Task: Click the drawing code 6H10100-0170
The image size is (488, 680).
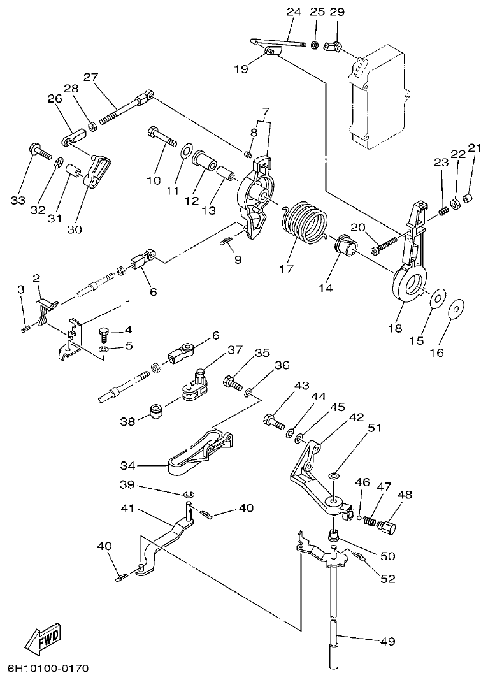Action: click(48, 669)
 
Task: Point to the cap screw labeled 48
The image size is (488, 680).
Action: click(387, 527)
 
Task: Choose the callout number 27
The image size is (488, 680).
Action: click(90, 77)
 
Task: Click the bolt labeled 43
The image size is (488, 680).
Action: click(274, 421)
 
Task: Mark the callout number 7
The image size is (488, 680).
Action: click(264, 112)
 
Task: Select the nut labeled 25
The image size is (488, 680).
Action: click(315, 45)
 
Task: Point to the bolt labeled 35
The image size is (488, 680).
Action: click(232, 384)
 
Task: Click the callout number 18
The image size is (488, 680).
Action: click(395, 329)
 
